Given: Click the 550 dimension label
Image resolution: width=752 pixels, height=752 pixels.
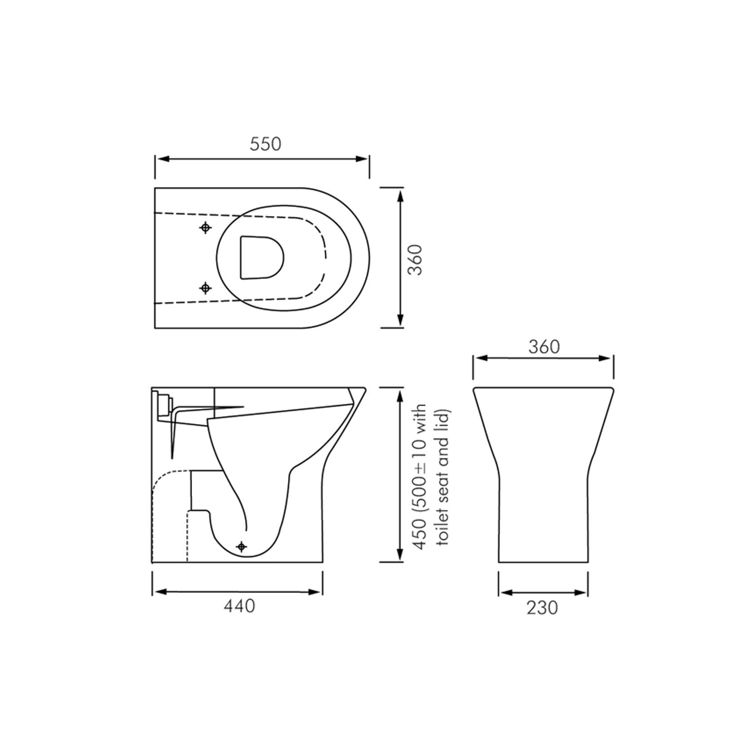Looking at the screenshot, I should click(x=265, y=144).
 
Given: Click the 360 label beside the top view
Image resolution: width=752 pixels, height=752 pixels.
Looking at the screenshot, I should click(x=415, y=259).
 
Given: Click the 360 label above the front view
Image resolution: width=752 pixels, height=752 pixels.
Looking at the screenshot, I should click(x=544, y=347).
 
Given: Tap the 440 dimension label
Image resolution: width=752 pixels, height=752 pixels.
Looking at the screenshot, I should click(x=239, y=606).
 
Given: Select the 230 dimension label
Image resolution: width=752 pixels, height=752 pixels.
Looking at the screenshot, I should click(x=542, y=608).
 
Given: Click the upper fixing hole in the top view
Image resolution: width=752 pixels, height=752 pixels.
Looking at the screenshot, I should click(x=205, y=228).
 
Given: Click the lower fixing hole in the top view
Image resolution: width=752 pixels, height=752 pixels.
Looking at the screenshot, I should click(x=205, y=288).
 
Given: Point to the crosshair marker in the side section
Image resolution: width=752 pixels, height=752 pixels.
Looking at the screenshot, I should click(x=241, y=547).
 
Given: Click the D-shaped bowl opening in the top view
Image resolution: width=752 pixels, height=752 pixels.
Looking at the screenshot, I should click(x=261, y=257).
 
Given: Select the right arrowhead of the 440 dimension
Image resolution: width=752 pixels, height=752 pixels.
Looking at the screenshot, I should click(x=316, y=592).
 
